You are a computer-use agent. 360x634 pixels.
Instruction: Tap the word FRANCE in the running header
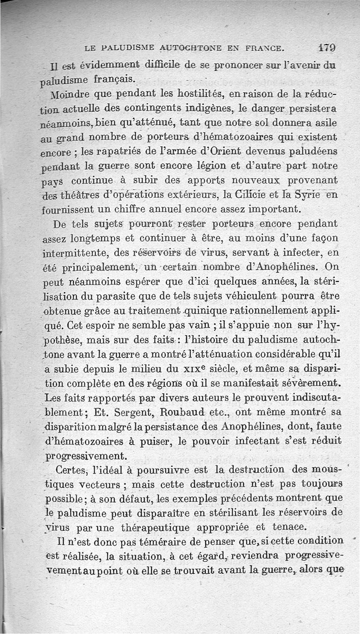(x=264, y=47)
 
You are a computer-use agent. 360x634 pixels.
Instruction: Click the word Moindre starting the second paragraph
(x=67, y=96)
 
